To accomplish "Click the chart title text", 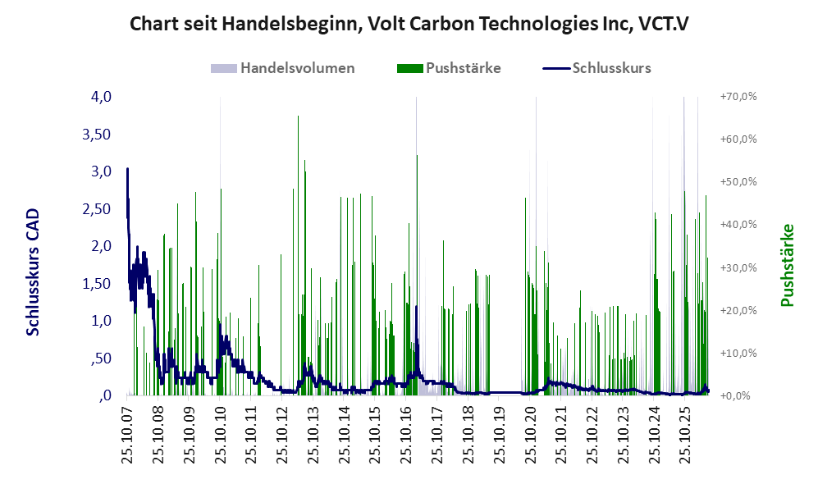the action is click(409, 24).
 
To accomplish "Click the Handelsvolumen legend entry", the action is click(283, 68).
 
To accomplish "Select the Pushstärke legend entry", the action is click(449, 68).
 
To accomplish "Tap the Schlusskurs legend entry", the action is click(596, 68).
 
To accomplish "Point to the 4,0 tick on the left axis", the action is click(101, 97).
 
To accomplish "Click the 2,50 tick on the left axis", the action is click(97, 208).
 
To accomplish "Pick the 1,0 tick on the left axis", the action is click(101, 320).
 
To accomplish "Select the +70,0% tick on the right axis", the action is click(738, 97).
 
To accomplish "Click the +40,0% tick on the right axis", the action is click(738, 224).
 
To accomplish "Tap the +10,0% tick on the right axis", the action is click(738, 353).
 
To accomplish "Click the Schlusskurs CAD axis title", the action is click(33, 272).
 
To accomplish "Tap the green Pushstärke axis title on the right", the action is click(787, 266).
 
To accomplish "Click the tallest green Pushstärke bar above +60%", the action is click(298, 256).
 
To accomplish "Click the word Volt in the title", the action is click(384, 24).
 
